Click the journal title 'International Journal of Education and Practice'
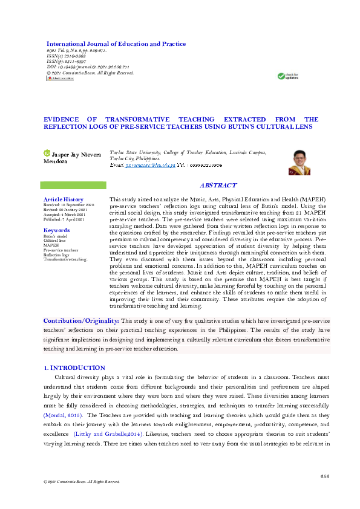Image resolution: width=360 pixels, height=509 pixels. point(116,44)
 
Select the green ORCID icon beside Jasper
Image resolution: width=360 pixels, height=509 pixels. point(47,154)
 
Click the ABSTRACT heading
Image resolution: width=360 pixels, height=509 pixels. point(218,186)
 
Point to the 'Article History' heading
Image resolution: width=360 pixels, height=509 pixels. point(63,199)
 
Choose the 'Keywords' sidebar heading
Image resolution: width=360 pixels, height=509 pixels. point(56,230)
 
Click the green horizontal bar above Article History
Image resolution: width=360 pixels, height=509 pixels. point(73,185)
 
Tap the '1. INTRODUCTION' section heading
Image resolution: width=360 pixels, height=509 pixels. point(75,368)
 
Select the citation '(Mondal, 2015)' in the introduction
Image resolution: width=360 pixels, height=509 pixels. point(62,416)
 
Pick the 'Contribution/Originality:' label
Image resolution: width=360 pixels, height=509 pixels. point(81,320)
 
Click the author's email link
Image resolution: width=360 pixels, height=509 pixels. point(147,165)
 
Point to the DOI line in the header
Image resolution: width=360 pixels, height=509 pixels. point(87,66)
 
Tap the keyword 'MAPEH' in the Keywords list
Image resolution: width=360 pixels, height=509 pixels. point(51,245)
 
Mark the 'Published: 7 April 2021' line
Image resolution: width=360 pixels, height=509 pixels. point(64,219)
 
